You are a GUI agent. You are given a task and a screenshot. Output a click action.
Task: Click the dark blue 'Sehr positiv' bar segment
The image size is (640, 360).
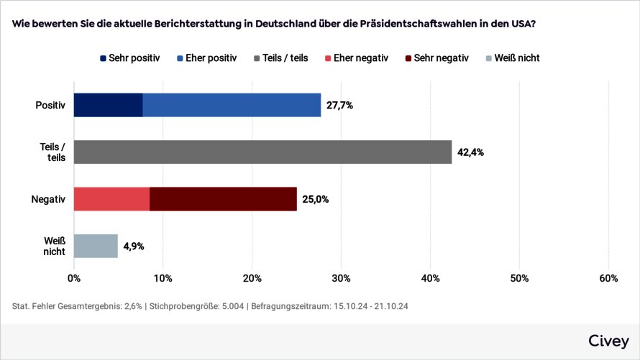click(x=108, y=105)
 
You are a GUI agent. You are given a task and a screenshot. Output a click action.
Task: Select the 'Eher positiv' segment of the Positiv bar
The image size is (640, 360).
click(x=232, y=105)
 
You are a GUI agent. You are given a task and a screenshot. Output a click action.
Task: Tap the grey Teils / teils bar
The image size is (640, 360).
click(x=262, y=152)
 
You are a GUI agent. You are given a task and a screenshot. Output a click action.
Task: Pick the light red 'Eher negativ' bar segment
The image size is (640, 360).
click(x=111, y=199)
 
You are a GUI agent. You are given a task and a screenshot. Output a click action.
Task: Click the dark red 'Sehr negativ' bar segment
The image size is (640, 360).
click(x=223, y=199)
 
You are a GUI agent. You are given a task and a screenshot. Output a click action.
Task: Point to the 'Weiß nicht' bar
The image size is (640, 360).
click(x=96, y=246)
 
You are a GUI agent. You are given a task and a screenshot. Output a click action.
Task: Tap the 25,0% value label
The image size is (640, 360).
click(x=315, y=199)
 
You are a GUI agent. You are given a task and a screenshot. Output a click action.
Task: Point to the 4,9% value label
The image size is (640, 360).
click(x=134, y=246)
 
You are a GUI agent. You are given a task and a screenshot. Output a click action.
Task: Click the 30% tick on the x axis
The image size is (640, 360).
click(x=341, y=278)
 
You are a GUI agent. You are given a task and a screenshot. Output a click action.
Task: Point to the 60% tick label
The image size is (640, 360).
click(x=608, y=278)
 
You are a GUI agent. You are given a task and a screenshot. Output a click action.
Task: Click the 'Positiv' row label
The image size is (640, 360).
click(x=50, y=105)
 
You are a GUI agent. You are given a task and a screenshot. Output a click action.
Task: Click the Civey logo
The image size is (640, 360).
click(x=608, y=341)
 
